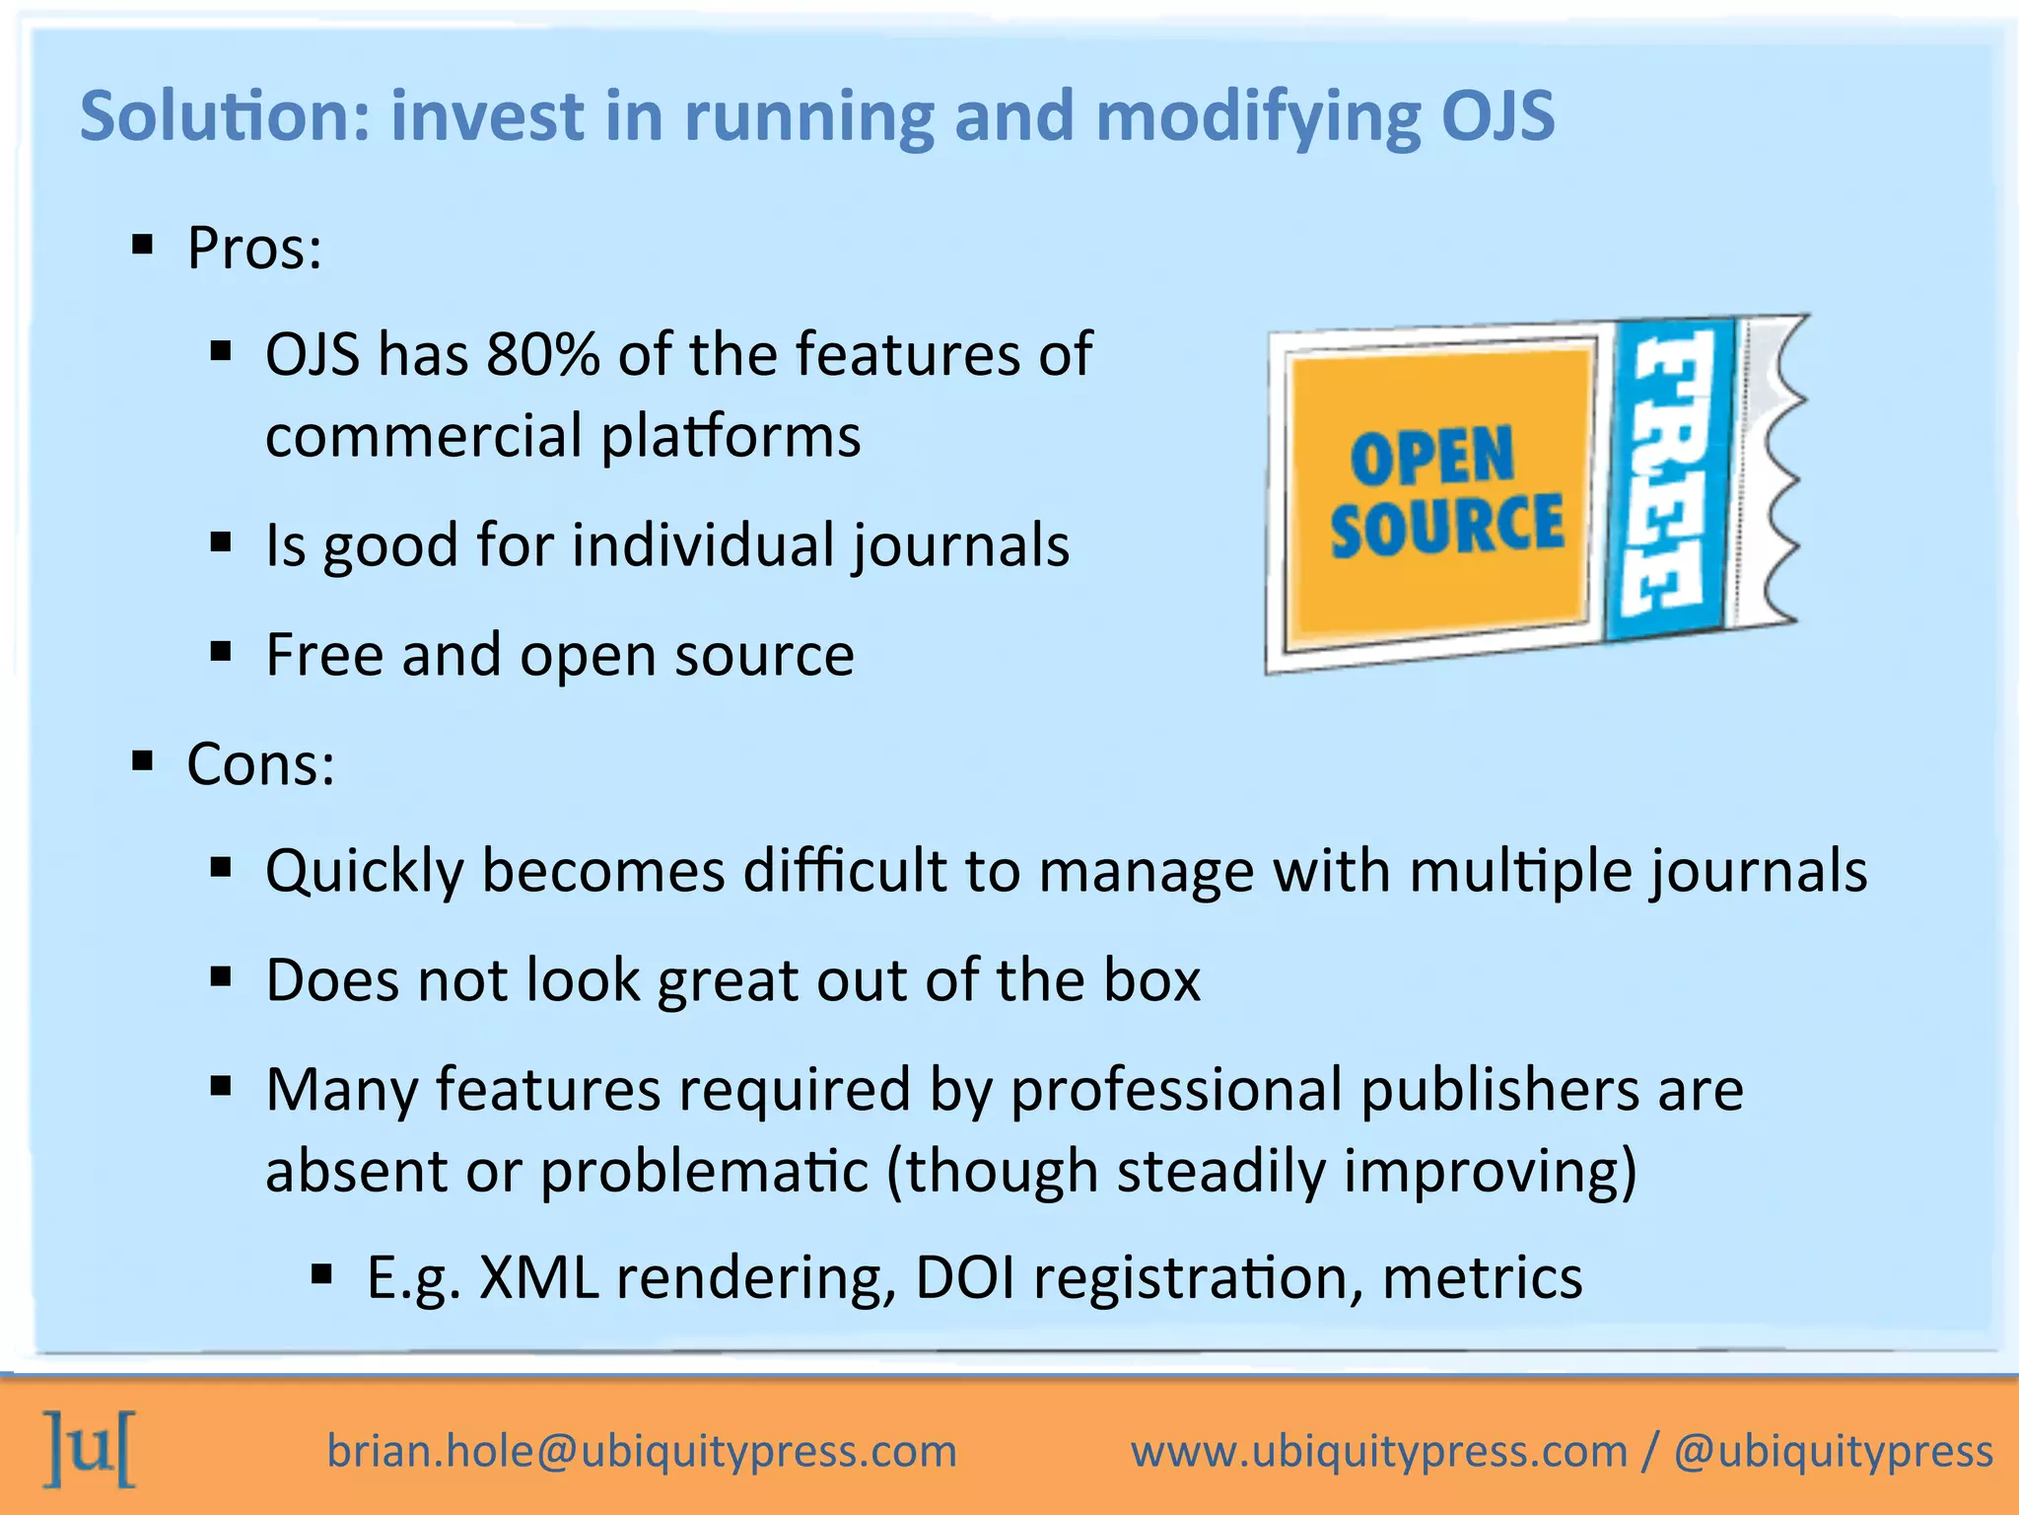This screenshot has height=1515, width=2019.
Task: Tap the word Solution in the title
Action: pos(210,116)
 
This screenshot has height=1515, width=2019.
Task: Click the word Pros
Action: pos(253,249)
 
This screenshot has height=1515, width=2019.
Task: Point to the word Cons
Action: pos(260,764)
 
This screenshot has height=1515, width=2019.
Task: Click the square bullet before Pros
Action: pos(143,245)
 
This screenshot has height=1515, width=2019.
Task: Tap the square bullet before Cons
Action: pos(143,760)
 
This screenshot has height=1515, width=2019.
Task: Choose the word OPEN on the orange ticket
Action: pos(1431,458)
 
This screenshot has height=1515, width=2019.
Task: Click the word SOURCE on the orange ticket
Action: pos(1447,527)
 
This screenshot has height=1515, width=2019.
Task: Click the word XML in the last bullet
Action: pos(538,1278)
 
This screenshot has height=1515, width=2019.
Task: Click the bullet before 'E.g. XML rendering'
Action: pos(321,1274)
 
